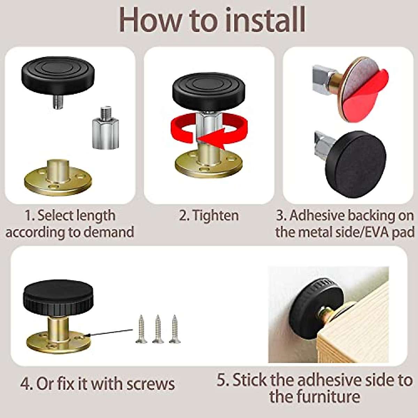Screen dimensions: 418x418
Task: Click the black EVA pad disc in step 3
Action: tap(355, 164)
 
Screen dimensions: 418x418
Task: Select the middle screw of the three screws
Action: tap(158, 329)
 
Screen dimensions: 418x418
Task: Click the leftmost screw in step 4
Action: tap(141, 329)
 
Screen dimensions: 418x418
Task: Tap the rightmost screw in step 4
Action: tap(175, 329)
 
